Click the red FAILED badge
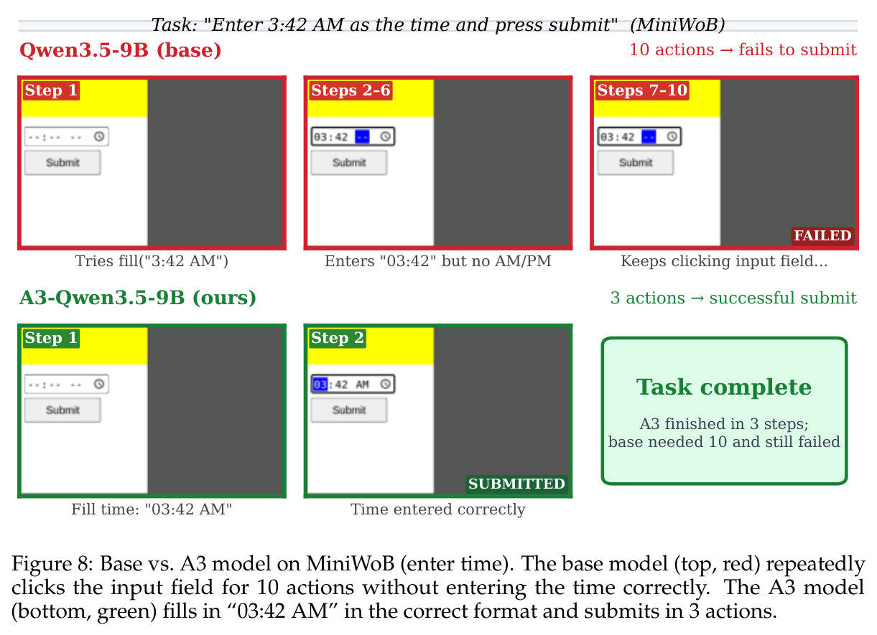tap(822, 236)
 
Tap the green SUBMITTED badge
tap(517, 484)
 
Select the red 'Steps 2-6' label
tap(351, 90)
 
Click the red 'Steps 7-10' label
tap(642, 90)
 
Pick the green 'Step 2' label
tap(337, 338)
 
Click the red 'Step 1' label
tap(51, 90)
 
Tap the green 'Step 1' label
tap(51, 338)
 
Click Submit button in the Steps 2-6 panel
tap(349, 162)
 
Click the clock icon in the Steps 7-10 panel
tap(672, 136)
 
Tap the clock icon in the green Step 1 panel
tap(99, 384)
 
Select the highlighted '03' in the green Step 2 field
tap(320, 385)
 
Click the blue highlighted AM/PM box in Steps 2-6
tap(362, 137)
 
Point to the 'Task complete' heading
tap(724, 387)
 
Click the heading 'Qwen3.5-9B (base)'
tap(121, 50)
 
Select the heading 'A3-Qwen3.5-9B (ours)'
tap(138, 298)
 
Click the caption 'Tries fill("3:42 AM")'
tap(152, 260)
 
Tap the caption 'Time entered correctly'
tap(437, 509)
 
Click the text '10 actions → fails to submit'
tap(743, 50)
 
